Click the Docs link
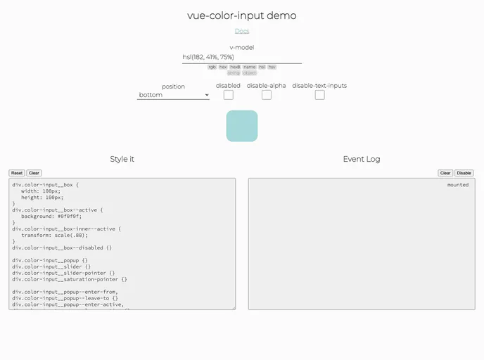[x=241, y=31]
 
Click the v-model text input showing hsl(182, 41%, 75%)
[x=241, y=57]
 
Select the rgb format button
[x=212, y=67]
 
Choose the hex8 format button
[x=235, y=67]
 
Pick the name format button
[x=250, y=67]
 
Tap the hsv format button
[x=272, y=67]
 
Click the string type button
[x=234, y=72]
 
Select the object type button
[x=250, y=72]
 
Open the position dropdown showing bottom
[x=173, y=95]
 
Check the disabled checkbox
[x=228, y=95]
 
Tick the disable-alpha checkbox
[x=267, y=95]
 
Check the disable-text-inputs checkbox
[x=319, y=95]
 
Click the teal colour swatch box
[x=241, y=126]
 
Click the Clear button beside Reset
[x=34, y=173]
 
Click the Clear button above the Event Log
[x=445, y=173]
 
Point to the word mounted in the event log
[x=457, y=185]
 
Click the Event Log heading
[x=362, y=159]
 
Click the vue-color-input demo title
[x=241, y=15]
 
